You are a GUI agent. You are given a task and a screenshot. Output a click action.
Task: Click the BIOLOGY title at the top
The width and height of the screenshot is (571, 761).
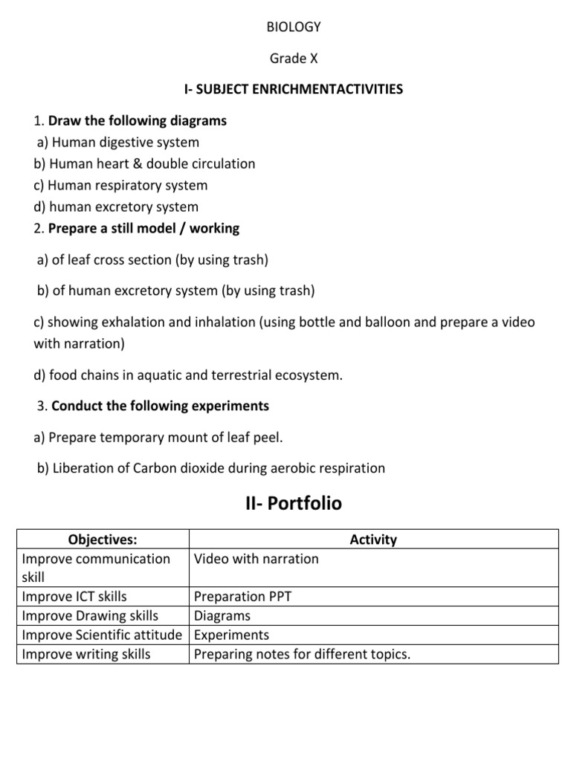293,27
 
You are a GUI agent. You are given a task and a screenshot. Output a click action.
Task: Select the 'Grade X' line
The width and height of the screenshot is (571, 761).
293,58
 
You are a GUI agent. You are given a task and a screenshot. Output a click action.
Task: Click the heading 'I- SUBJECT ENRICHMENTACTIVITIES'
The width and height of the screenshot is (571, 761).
293,89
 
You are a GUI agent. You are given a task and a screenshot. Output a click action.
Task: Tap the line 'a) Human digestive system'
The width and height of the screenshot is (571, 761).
117,142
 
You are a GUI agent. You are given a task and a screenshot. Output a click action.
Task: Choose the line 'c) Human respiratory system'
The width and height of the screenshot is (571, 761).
120,185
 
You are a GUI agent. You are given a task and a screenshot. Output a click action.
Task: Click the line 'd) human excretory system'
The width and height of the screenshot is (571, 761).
116,207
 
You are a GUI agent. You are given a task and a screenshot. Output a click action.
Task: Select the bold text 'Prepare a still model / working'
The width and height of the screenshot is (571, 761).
143,228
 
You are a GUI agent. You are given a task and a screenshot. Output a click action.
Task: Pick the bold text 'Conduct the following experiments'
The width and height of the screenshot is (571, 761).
160,407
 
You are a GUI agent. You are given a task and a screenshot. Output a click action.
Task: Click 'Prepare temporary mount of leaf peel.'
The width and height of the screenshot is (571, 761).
166,438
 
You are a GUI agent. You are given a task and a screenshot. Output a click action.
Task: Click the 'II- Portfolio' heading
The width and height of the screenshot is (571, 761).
293,504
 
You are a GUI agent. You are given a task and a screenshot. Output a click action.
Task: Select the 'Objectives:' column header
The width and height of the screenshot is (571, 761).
103,540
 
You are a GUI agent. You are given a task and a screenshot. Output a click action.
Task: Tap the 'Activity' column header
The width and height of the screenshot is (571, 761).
373,540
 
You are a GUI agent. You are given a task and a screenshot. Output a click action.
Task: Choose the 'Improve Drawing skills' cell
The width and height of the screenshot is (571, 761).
90,616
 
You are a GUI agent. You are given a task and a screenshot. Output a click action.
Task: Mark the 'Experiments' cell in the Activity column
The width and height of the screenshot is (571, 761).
231,635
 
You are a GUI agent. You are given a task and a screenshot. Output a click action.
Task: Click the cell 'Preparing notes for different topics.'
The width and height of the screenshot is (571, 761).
302,655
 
